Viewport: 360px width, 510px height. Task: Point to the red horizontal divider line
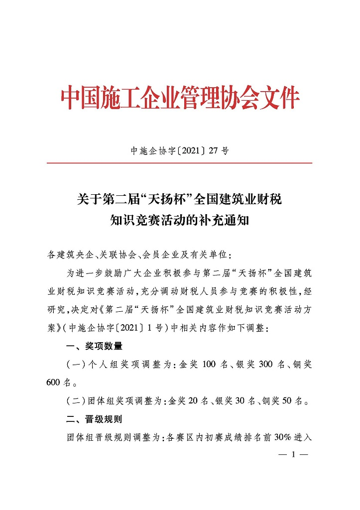tap(179, 163)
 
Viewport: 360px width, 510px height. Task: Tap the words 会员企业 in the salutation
tap(160, 255)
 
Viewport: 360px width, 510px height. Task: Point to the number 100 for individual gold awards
tap(208, 365)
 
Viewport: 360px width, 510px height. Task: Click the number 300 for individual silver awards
tap(266, 365)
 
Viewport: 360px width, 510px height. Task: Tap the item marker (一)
tap(76, 365)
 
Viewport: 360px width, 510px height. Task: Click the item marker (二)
tap(76, 401)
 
